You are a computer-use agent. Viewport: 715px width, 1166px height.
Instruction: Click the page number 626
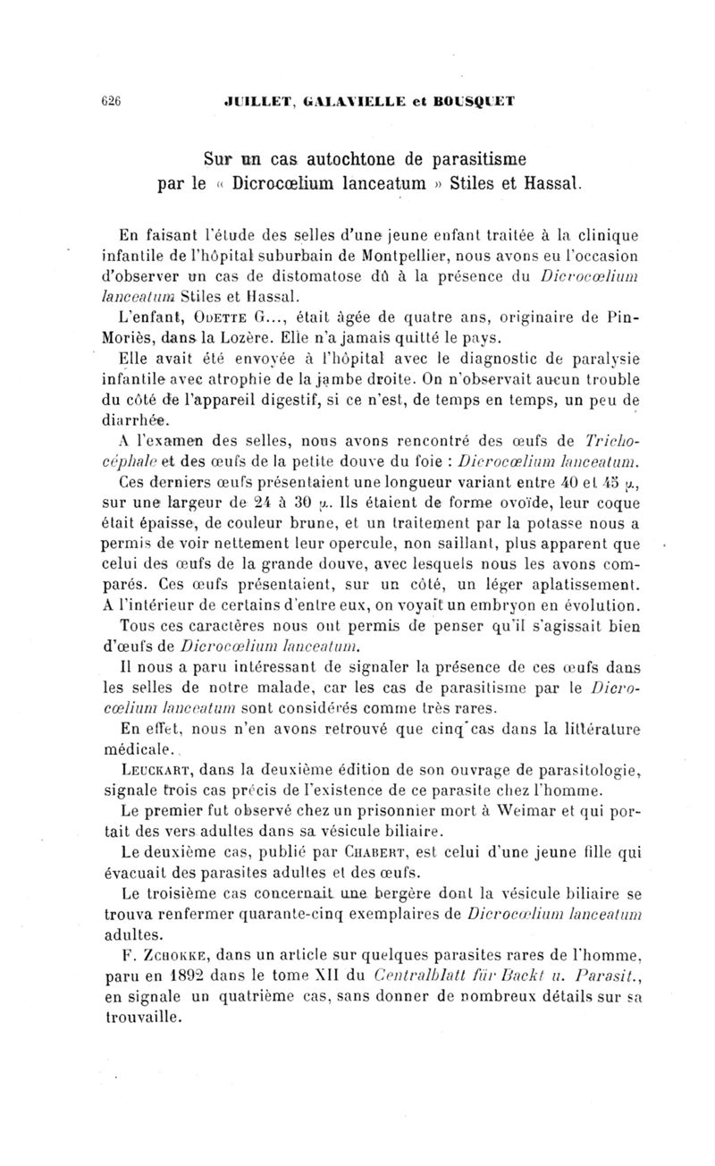point(110,101)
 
